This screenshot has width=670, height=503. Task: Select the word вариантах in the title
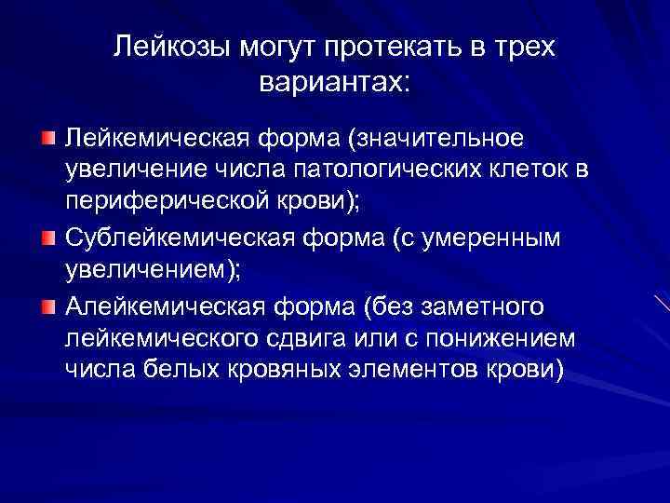(333, 82)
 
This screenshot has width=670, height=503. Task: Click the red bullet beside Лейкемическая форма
(47, 139)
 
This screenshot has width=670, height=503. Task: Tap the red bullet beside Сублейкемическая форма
(47, 238)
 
